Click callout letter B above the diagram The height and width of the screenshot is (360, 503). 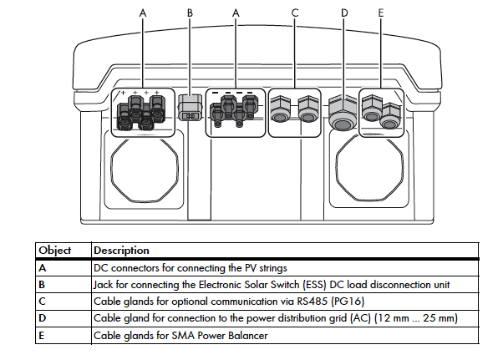pos(190,14)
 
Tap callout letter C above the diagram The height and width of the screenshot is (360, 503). pos(295,14)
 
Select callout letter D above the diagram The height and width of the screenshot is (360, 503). pos(344,14)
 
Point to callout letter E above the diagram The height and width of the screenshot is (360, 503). pos(381,14)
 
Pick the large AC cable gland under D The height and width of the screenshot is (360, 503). pos(340,113)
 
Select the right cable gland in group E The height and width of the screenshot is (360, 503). pos(389,113)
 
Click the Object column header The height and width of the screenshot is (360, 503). pos(55,251)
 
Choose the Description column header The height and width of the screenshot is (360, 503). pos(121,251)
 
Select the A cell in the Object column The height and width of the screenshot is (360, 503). pos(42,268)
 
